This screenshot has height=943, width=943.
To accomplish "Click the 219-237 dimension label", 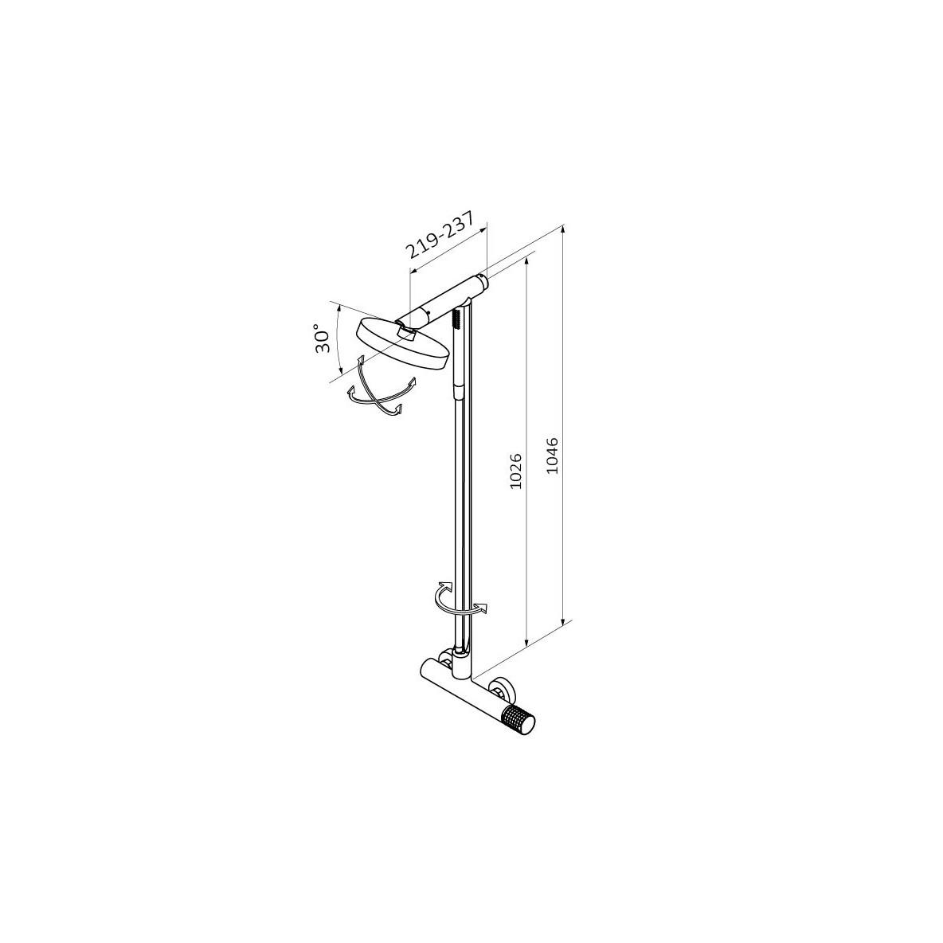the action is [440, 234].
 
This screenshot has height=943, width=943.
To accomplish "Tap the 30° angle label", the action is [323, 339].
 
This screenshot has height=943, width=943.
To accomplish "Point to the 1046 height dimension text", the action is [553, 456].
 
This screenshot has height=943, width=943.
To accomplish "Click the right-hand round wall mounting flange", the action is [501, 689].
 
